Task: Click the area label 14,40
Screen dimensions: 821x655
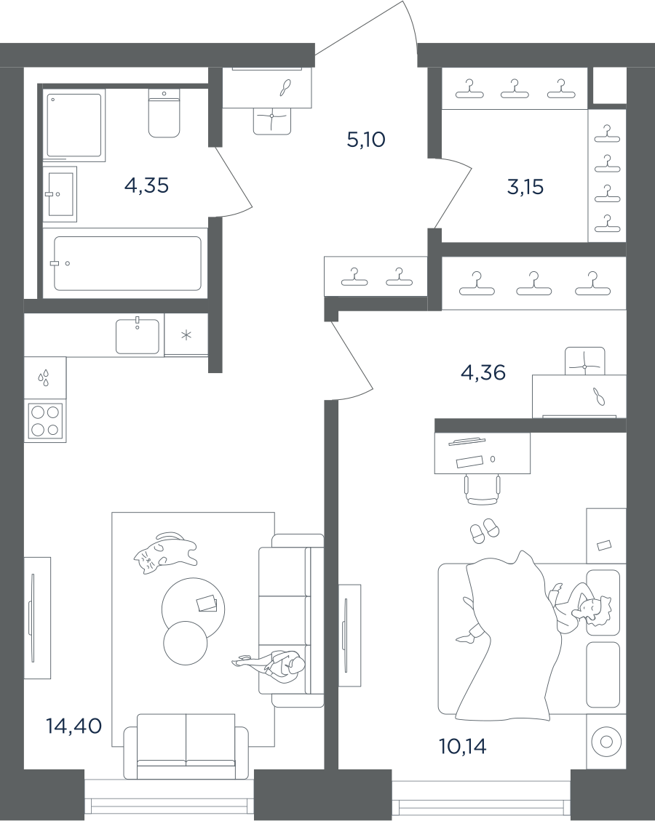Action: pos(74,725)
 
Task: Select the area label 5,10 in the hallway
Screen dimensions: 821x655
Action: pos(365,139)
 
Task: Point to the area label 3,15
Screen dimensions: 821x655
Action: pos(525,187)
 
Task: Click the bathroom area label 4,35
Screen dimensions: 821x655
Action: pos(146,185)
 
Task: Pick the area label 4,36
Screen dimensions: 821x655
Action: pos(483,373)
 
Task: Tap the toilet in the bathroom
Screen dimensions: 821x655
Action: pos(164,115)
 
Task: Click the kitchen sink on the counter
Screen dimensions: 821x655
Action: pos(137,336)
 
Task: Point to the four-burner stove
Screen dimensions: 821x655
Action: pos(45,420)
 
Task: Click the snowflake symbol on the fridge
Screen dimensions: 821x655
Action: pos(186,335)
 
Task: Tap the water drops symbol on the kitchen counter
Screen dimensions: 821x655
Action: pos(44,377)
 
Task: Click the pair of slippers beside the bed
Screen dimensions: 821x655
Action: pos(483,531)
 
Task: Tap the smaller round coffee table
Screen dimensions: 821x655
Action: pos(186,644)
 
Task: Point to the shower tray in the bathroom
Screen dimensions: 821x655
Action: pos(74,124)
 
